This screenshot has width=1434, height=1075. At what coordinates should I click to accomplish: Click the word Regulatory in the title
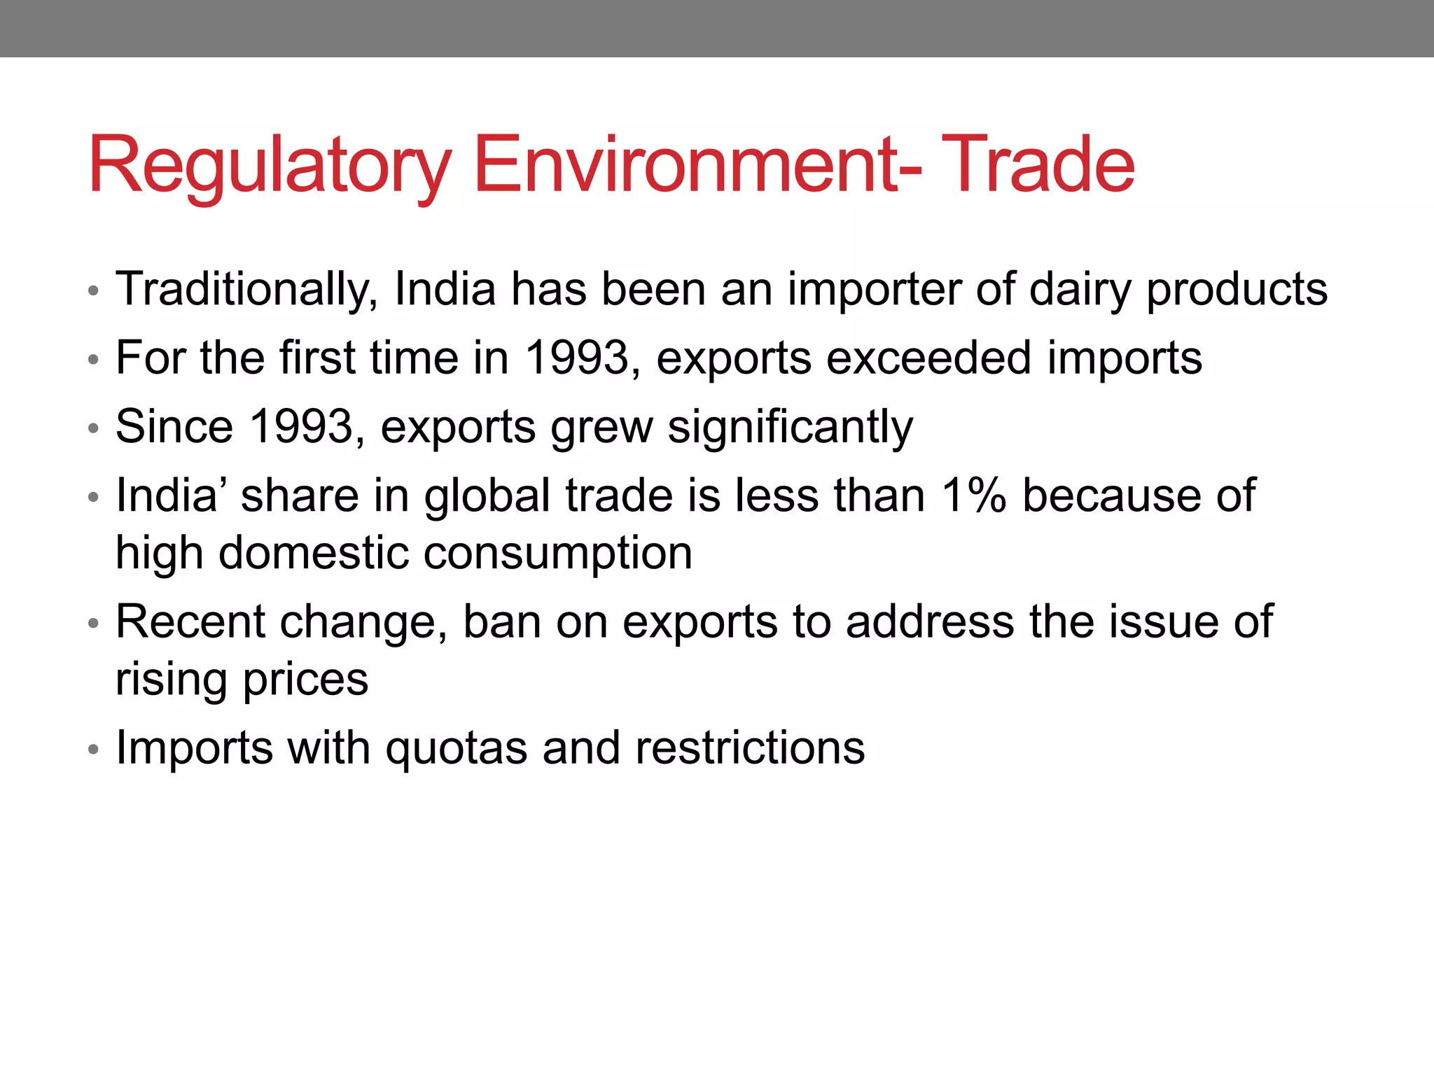tap(270, 167)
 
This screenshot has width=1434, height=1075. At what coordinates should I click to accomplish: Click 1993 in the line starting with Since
tap(301, 427)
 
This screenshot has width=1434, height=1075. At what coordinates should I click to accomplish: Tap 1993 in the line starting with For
tap(578, 358)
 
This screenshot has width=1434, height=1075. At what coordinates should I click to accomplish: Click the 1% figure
tap(973, 496)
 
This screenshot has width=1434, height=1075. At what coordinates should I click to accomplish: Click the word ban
tap(501, 621)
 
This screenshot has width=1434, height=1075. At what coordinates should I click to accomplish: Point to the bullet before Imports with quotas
tap(94, 750)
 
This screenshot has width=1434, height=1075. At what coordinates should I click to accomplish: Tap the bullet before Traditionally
tap(94, 290)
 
